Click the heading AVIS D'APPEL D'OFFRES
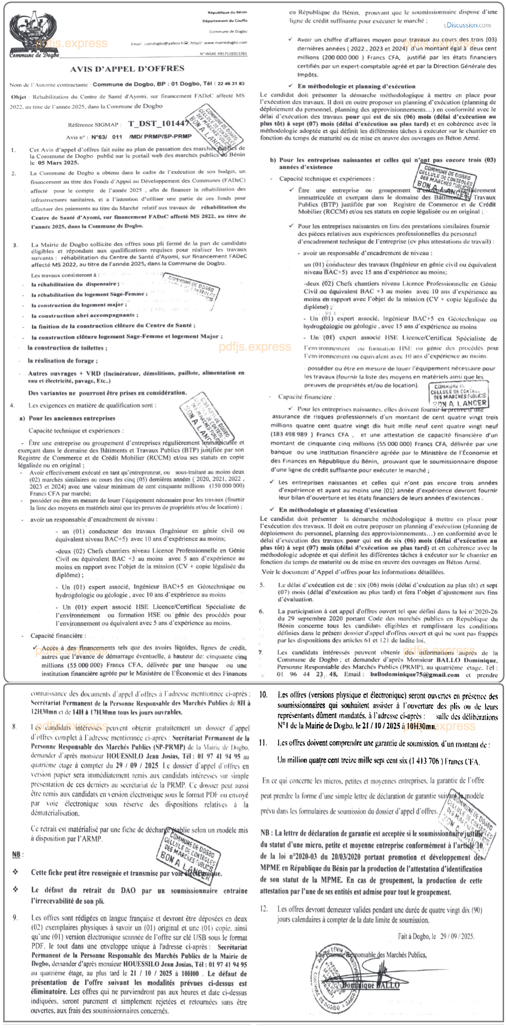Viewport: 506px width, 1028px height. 127,69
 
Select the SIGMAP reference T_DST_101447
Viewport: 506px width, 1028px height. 158,123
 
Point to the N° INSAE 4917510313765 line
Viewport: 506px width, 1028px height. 223,54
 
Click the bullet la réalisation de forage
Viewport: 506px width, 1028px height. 63,361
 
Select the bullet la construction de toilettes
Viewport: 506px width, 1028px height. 67,348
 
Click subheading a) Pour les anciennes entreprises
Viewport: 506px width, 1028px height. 68,418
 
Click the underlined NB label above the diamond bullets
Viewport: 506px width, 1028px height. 16,855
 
